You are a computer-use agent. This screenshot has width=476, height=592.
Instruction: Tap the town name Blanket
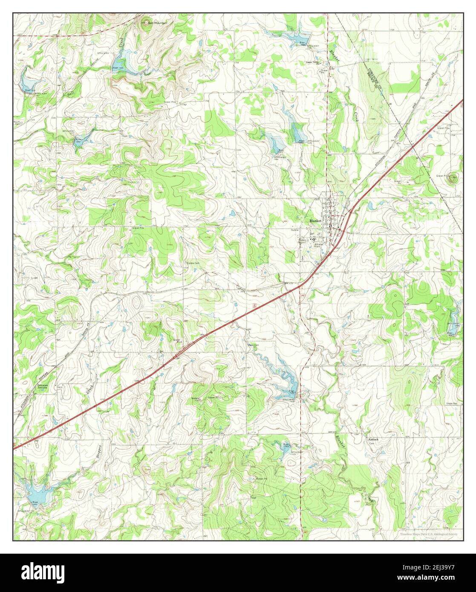tap(315, 221)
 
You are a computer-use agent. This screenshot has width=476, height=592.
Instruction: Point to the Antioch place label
tap(374, 439)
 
